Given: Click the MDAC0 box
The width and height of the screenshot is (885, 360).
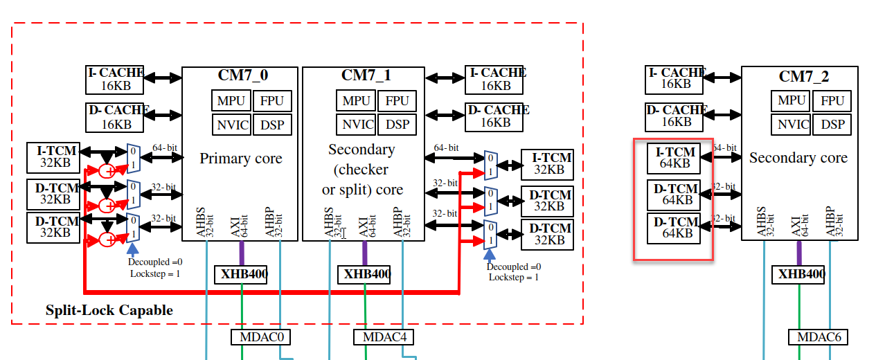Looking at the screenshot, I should [261, 337].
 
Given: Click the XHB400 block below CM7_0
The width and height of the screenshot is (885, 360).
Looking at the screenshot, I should [241, 274].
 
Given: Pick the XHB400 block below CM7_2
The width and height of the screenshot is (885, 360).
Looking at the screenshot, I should [799, 274].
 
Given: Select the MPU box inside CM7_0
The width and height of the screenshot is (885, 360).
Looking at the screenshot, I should [231, 100].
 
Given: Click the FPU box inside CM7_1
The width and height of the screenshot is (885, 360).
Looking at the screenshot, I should [397, 100].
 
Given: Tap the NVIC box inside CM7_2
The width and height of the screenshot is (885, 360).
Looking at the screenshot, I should [793, 125].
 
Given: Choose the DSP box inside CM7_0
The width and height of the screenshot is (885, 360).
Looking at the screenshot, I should [272, 125].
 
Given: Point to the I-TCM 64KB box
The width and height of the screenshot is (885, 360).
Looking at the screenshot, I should [673, 158].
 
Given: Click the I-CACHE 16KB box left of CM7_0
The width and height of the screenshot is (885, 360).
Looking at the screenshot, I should [115, 80].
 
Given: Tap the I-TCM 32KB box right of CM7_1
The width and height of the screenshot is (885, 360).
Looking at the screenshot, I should [547, 164].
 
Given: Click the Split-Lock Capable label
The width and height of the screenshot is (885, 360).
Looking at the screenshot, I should [109, 310].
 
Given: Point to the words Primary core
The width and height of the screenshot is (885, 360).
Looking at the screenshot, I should [241, 159].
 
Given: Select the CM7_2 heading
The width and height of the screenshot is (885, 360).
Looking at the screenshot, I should [803, 76].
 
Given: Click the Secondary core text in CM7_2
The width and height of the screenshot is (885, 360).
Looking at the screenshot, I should [798, 158].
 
